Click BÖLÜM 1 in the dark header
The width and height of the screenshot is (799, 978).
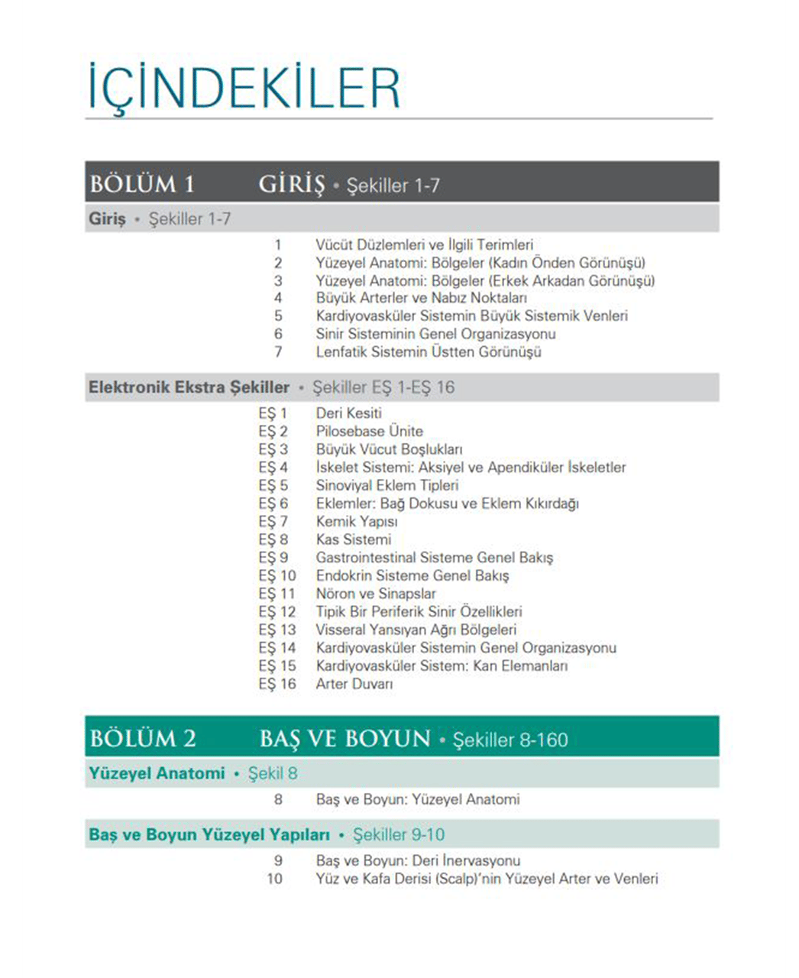pos(142,184)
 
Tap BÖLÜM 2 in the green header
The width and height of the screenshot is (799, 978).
pos(143,738)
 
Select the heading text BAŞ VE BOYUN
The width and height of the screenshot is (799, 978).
pos(345,738)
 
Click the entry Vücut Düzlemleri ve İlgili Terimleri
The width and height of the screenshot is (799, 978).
pos(425,245)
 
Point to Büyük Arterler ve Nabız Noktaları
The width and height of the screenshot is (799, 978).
pos(422,298)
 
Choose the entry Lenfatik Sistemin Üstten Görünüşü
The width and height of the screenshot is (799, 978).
pos(429,352)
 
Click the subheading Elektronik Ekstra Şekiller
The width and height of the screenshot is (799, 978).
pos(189,387)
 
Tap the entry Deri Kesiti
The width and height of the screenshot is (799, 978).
pos(349,413)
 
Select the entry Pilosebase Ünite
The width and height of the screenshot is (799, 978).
pos(370,431)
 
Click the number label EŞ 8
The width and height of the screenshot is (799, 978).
pos(273,539)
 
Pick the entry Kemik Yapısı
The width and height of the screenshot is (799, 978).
pos(357,522)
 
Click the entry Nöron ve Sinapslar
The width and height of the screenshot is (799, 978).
pos(376,594)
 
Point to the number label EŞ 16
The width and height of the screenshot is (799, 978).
pos(277,684)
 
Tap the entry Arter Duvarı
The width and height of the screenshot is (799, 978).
pos(354,684)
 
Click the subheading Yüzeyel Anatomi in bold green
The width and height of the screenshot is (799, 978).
pos(157,773)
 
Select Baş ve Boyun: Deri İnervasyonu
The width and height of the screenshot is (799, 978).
pos(418,860)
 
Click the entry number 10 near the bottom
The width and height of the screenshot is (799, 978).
pos(274,879)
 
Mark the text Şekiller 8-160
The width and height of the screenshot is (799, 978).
pos(510,740)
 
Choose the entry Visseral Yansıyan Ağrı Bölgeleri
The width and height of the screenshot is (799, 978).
pos(416,630)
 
